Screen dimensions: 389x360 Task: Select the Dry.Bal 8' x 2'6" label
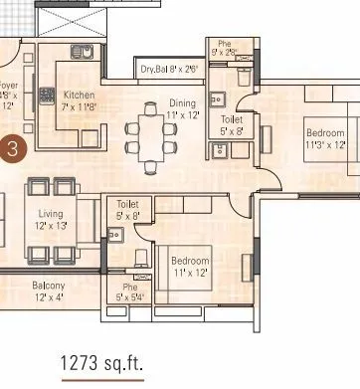(x=169, y=70)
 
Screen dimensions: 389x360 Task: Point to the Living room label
(x=51, y=214)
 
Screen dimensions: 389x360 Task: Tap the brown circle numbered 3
(x=12, y=149)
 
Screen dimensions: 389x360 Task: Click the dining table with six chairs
(x=149, y=131)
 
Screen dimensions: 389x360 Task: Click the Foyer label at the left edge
(x=9, y=87)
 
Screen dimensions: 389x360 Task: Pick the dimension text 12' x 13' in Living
(x=51, y=227)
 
